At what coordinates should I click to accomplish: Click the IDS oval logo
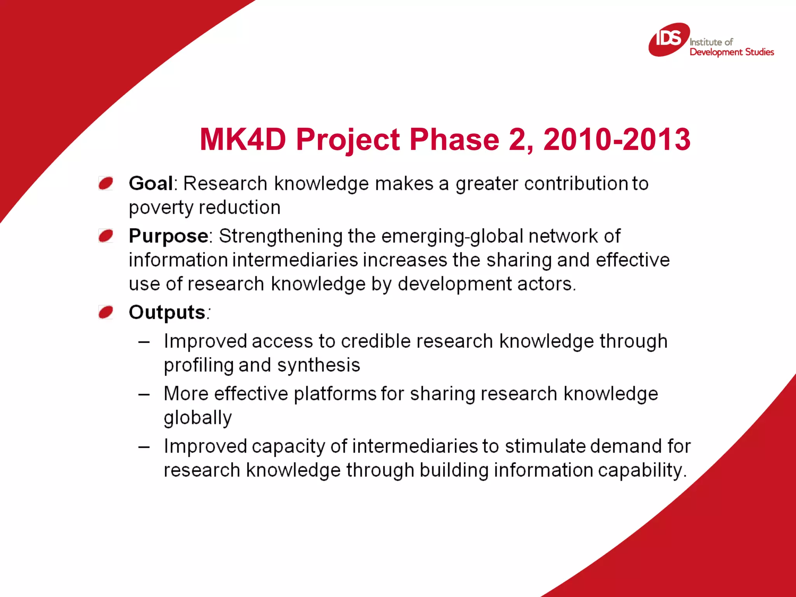point(669,39)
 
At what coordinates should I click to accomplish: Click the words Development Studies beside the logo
point(731,52)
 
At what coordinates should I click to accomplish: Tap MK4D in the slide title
point(243,139)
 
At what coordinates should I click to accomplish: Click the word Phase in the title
point(454,139)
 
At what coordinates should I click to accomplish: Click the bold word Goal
point(151,183)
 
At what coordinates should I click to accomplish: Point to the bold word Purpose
point(168,236)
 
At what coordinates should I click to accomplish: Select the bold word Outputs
point(167,312)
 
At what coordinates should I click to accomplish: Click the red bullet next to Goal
point(106,183)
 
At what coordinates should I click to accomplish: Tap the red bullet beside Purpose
point(106,236)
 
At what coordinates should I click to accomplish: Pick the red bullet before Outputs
point(106,312)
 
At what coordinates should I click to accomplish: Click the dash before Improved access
point(144,342)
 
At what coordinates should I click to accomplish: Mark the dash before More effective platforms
point(144,395)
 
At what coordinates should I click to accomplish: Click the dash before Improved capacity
point(144,447)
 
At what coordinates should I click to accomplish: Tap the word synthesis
point(319,365)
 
